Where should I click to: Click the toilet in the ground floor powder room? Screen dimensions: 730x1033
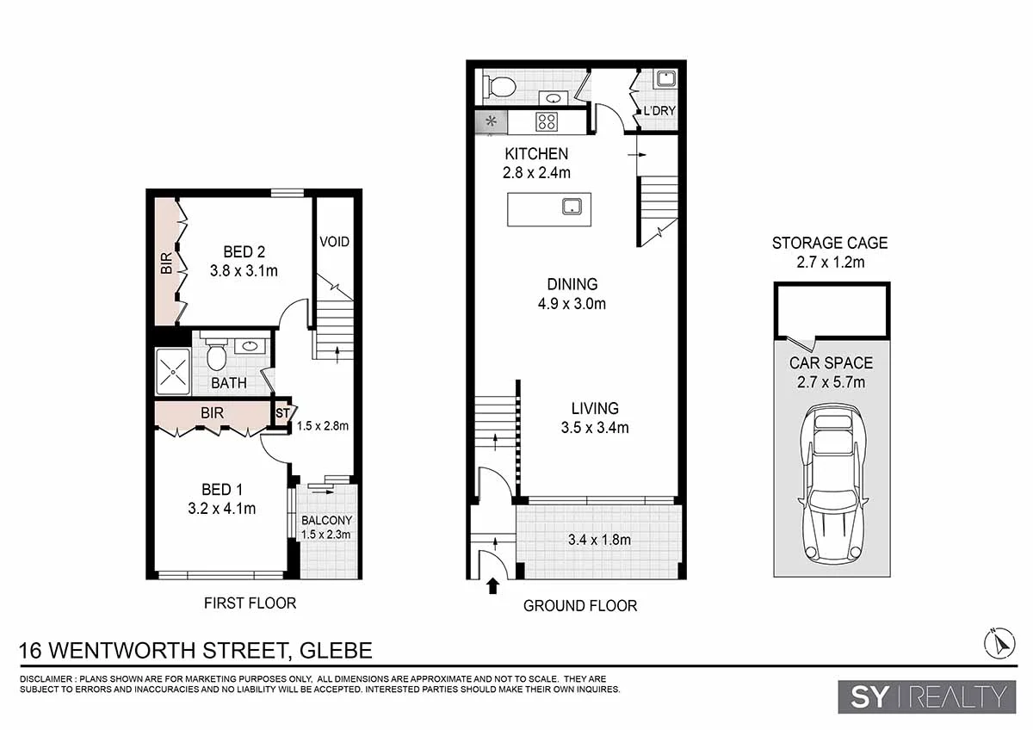click(x=499, y=86)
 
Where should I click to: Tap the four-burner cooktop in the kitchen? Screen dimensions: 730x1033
click(x=546, y=121)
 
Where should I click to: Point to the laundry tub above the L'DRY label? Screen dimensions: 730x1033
click(x=664, y=80)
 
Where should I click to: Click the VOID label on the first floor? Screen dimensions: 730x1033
click(x=334, y=242)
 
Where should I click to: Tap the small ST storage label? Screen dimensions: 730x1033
click(x=281, y=414)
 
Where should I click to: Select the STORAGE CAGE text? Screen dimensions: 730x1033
click(x=829, y=243)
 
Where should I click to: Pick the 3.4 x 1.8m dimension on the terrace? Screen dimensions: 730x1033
click(x=599, y=541)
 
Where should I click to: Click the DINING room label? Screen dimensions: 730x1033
click(x=572, y=284)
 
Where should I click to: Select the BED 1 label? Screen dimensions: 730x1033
click(x=221, y=490)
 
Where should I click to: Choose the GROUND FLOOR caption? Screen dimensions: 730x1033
click(x=580, y=606)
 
